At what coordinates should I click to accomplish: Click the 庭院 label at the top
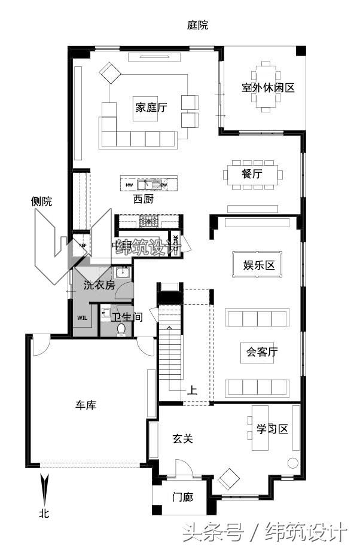[x=197, y=25]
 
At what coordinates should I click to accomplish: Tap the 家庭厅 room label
[x=151, y=108]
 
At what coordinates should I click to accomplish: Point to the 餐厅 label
[x=252, y=175]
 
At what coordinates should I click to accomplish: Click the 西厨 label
[x=143, y=200]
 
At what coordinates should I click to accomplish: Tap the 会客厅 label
[x=258, y=352]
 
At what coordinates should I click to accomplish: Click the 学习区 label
[x=272, y=429]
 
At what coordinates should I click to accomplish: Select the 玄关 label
[x=183, y=439]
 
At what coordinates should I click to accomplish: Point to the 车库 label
[x=86, y=405]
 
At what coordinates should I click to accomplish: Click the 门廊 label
[x=182, y=497]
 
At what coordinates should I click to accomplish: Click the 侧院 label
[x=41, y=201]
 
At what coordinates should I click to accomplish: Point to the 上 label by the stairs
[x=192, y=391]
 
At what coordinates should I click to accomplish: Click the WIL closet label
[x=83, y=317]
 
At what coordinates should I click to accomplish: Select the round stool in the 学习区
[x=292, y=463]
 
